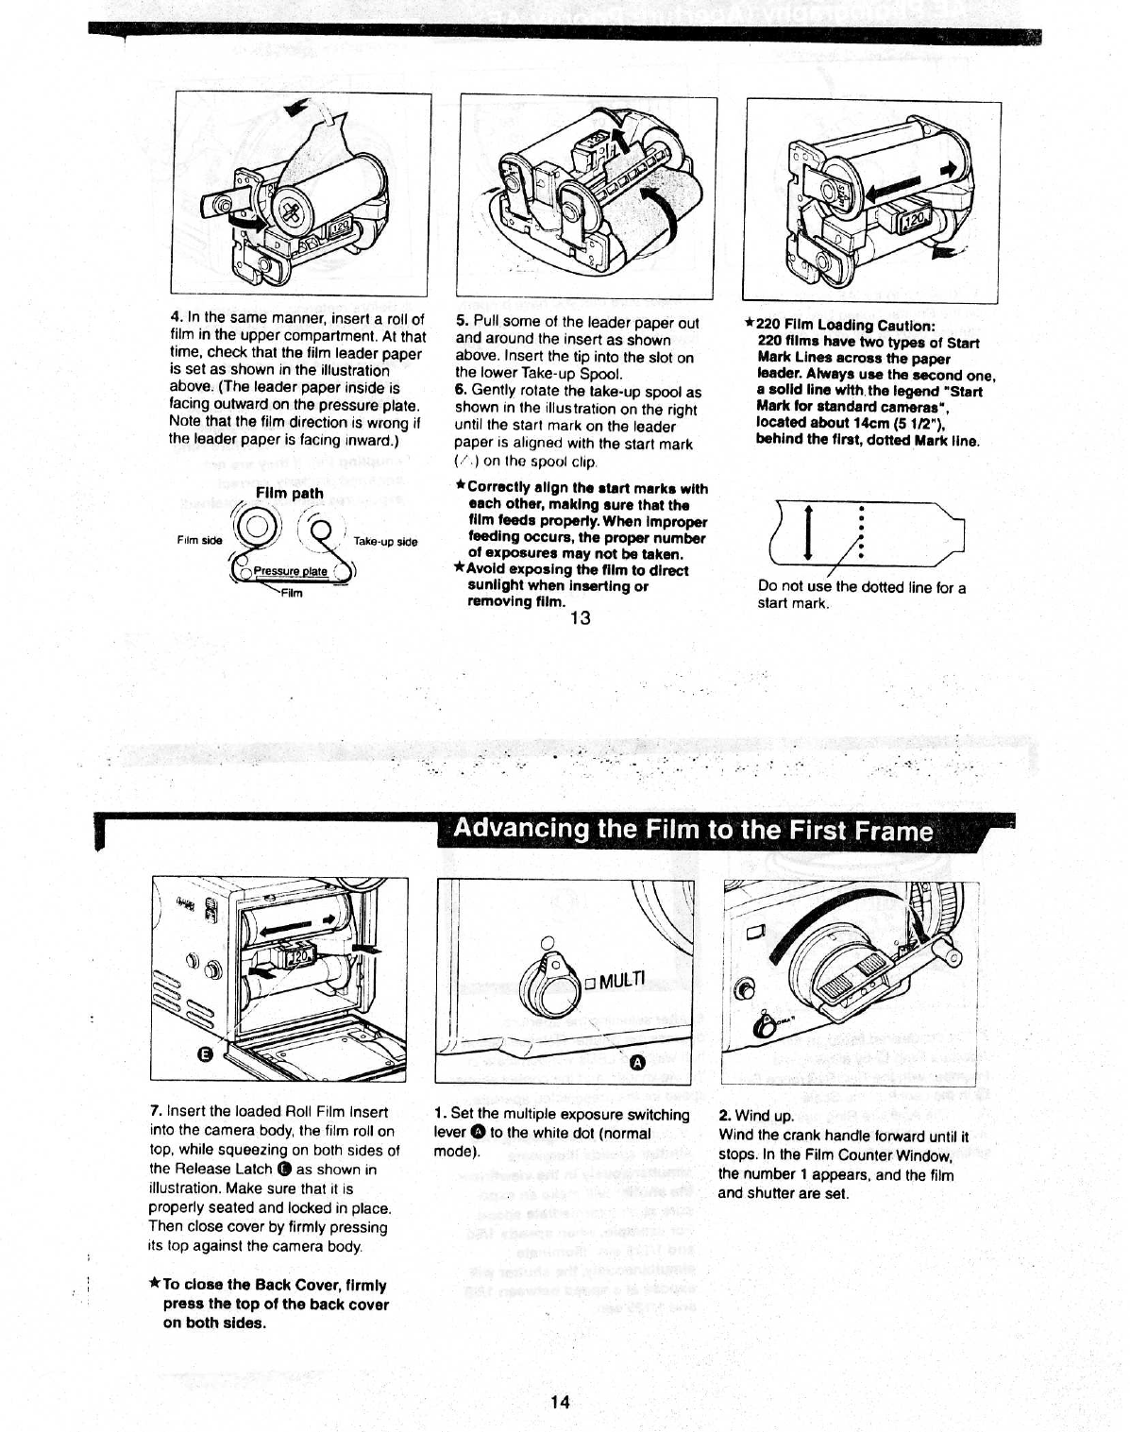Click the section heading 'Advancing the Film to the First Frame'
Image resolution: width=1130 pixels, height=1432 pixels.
coord(693,830)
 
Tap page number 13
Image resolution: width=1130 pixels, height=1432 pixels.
coord(580,617)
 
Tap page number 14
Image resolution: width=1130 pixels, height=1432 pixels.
coord(560,1402)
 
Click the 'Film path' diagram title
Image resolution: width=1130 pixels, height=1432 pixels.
coord(289,493)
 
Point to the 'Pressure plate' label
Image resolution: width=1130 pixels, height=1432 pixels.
coord(290,571)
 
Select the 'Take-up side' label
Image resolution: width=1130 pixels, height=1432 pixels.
coord(385,542)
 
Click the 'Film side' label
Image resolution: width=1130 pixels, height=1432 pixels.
coord(199,540)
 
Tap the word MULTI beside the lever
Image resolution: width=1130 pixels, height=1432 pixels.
coord(621,980)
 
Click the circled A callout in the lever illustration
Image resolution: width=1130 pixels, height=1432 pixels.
coord(636,1062)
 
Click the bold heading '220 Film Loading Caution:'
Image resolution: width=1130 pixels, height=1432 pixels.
coord(846,326)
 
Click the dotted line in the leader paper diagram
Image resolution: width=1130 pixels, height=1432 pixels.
coord(861,531)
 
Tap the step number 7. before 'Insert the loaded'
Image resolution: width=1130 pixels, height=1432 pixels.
coord(156,1111)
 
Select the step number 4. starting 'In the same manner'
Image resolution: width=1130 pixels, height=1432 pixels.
coord(176,318)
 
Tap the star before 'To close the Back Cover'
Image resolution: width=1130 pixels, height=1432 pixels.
coord(154,1284)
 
